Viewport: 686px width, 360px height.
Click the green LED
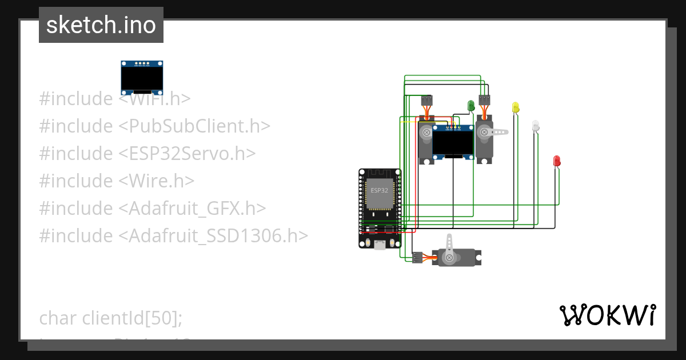pos(471,106)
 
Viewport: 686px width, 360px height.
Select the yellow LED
pos(515,107)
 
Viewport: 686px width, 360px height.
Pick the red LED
pos(557,161)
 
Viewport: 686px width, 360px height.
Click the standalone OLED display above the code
pos(142,78)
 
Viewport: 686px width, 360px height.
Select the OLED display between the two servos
pos(454,141)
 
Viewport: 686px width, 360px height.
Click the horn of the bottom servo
pos(450,246)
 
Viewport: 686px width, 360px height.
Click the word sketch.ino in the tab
pos(101,25)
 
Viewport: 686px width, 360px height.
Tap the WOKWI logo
pos(608,315)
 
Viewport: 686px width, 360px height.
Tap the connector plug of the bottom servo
pos(417,258)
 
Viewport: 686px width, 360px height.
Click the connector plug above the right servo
pos(485,101)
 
